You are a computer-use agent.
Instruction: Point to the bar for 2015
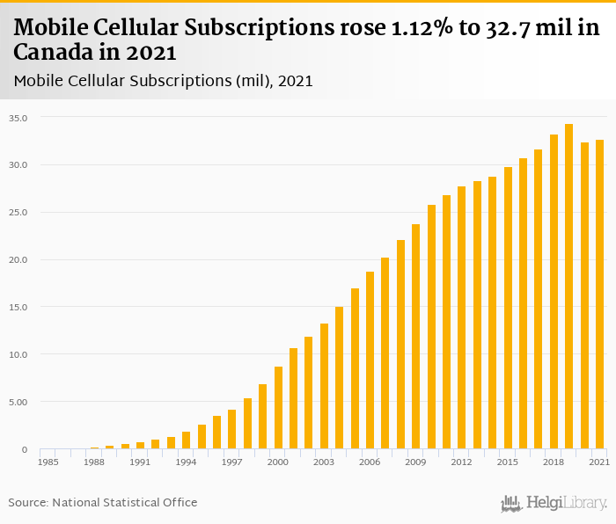(508, 308)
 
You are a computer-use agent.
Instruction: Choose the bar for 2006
(370, 360)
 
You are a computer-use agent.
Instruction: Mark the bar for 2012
(462, 317)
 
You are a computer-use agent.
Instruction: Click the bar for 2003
(324, 386)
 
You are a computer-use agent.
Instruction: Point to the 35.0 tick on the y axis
(18, 118)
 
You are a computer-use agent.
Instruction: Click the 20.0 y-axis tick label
(18, 260)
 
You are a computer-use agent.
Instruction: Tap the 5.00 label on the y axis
(18, 403)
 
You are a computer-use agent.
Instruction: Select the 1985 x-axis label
(48, 462)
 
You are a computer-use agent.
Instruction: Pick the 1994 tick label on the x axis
(186, 462)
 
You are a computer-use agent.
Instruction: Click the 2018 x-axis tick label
(554, 462)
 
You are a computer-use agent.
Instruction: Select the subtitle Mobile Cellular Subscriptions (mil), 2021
(164, 81)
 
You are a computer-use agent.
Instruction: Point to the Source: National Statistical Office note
(103, 503)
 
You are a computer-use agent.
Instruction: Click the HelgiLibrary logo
(554, 503)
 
